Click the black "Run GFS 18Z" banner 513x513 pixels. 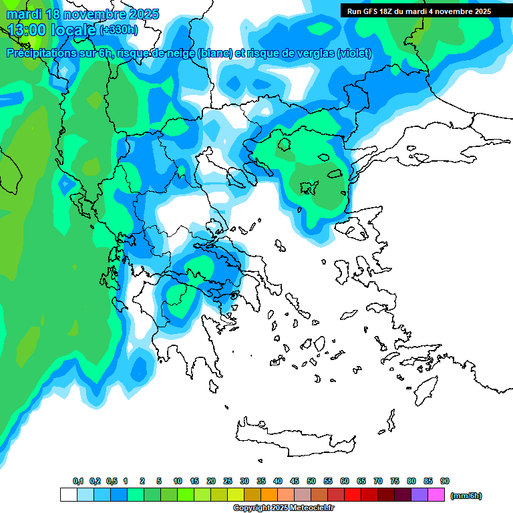pos(419,11)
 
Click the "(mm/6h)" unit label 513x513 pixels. pos(466,496)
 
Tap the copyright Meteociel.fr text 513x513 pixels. pos(283,508)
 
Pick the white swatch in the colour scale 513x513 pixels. pos(68,495)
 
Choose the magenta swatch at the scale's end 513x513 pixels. pos(436,495)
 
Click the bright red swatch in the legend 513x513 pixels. pos(353,495)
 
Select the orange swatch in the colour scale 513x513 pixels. pos(269,495)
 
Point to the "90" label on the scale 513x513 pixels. pos(445,481)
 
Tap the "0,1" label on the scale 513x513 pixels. pos(77,481)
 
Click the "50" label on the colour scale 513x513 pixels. pos(311,481)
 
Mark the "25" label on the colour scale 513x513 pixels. pos(228,481)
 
